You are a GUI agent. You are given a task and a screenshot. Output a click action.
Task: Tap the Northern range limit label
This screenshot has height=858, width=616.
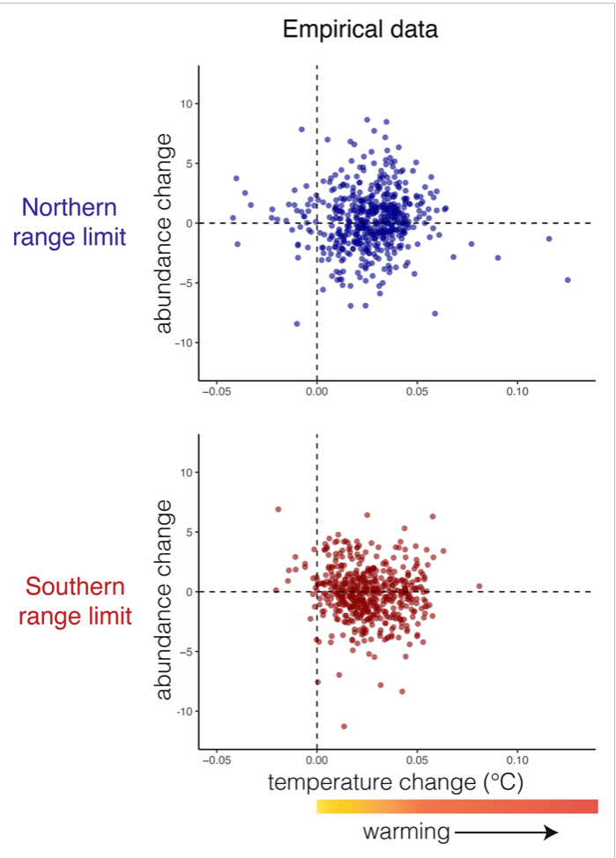click(x=69, y=224)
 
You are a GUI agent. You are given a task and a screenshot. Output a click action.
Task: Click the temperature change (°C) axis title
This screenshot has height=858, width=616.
click(x=396, y=781)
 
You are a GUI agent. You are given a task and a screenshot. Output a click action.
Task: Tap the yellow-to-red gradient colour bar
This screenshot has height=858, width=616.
click(x=456, y=806)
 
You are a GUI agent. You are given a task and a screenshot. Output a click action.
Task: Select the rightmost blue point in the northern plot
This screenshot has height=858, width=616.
click(x=568, y=280)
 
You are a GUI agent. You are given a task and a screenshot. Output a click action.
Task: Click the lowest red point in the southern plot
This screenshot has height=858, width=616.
click(x=344, y=727)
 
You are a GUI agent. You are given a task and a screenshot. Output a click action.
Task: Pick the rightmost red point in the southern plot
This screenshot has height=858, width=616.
click(x=479, y=586)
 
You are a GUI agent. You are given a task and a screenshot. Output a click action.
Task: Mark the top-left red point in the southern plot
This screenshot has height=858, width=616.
click(x=278, y=509)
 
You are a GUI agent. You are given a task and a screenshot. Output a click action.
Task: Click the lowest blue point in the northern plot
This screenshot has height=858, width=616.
click(x=297, y=324)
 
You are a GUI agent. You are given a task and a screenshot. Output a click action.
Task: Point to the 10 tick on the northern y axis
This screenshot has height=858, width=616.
click(x=187, y=104)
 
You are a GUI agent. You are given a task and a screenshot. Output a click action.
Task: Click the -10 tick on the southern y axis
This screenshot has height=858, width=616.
click(x=187, y=711)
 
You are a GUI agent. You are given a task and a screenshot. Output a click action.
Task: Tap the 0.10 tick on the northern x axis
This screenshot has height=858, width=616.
click(x=517, y=391)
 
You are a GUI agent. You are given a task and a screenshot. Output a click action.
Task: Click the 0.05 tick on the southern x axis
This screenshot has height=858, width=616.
click(x=417, y=759)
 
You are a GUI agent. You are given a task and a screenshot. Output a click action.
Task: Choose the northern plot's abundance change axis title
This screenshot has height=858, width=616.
click(x=164, y=226)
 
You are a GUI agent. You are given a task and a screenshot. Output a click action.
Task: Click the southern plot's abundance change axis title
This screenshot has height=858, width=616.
click(x=164, y=599)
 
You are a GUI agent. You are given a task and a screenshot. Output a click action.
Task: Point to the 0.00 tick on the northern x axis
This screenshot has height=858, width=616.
click(x=316, y=391)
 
